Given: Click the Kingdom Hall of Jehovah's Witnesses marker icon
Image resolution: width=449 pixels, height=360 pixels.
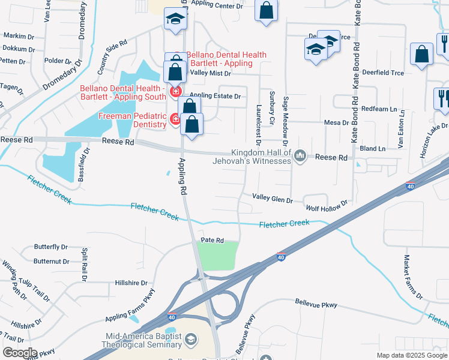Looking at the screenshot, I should coord(301,156).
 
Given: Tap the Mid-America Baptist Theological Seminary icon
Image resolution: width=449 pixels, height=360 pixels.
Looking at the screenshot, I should coord(190,340).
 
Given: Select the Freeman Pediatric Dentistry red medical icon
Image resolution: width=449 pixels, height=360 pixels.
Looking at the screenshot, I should coord(175,119).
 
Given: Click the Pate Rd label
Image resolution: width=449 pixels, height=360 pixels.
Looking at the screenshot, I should coord(212,241).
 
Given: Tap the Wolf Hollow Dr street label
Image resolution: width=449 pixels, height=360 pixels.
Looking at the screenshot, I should coord(327,208).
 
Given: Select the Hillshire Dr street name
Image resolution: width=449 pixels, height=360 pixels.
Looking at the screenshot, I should coord(131,283).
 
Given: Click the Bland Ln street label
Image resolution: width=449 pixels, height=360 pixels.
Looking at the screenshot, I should coord(373,148).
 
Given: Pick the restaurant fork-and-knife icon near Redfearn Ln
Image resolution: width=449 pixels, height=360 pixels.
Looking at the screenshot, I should coord(442,98).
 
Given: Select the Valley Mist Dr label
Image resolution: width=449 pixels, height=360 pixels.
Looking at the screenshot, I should coord(210,73).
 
